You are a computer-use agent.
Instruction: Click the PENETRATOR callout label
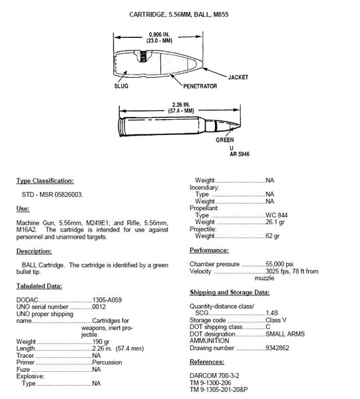point(201,86)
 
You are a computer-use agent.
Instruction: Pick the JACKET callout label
point(238,77)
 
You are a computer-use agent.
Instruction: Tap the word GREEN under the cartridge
point(225,140)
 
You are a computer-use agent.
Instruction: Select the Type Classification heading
point(45,181)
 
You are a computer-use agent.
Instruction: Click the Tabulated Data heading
point(39,286)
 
